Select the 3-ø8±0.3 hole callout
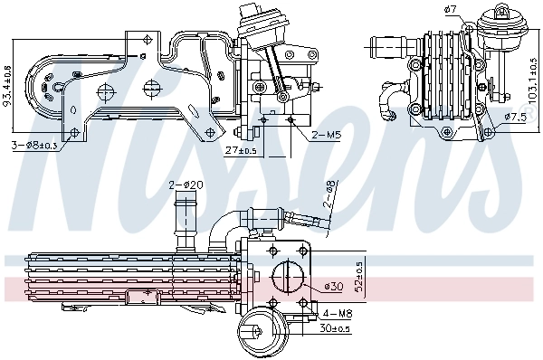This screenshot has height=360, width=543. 36,145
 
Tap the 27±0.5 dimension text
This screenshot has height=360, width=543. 239,150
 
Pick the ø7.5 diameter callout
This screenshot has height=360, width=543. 515,117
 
